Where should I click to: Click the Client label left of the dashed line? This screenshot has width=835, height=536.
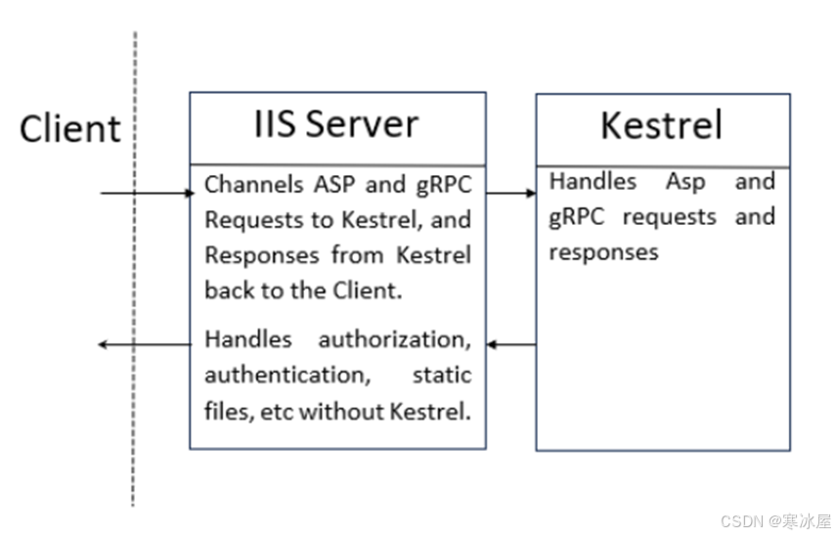coord(69,128)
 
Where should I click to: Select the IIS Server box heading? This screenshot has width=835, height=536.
coord(336,124)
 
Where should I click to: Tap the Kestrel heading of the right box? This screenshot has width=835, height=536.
coord(662,125)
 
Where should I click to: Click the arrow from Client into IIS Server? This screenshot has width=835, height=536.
coord(148,193)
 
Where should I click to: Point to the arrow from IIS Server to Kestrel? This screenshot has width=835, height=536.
coord(510,193)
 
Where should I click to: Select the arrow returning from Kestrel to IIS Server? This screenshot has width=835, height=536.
coord(510,344)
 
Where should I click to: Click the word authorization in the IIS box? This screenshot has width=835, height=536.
coord(394,340)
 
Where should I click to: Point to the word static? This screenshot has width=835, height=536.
coord(443,376)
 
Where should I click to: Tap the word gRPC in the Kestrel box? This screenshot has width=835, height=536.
coord(580,217)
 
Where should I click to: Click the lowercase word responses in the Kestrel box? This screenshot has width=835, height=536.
coord(603,252)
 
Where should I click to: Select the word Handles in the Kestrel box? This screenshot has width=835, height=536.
coord(593,182)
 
